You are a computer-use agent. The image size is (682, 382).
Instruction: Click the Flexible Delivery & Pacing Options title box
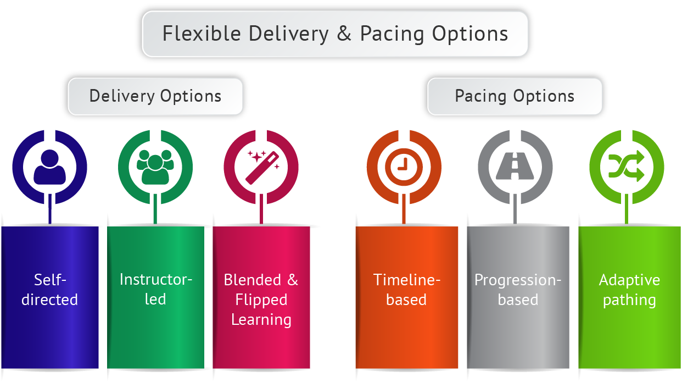coord(335,34)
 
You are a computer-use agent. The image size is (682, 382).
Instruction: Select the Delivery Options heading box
coord(155,96)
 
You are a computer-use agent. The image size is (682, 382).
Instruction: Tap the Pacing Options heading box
coord(515,96)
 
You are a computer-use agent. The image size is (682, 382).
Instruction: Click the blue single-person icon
coord(49,166)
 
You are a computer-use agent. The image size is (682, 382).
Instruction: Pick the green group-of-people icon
coord(155,166)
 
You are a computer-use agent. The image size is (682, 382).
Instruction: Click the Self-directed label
coord(50,290)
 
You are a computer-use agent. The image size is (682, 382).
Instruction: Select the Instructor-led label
coord(155,290)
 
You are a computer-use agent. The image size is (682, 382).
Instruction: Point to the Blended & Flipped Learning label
coord(261,300)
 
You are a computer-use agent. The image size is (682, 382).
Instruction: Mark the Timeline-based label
coord(406,290)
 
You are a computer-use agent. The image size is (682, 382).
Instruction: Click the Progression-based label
coord(518,290)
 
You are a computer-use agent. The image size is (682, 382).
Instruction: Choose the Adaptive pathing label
coord(629,290)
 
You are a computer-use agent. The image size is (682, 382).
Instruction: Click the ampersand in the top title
coord(344,34)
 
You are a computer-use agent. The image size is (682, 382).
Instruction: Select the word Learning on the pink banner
coord(261,319)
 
